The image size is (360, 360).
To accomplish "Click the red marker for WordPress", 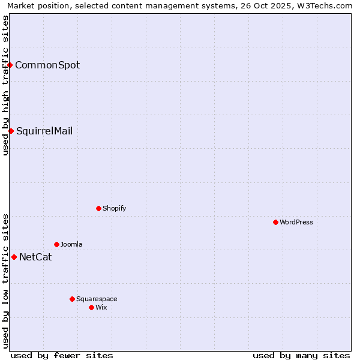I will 275,222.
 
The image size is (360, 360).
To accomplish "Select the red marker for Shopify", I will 98,208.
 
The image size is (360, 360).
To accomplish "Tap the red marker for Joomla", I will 56,244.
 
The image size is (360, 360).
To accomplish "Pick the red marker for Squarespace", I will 72,299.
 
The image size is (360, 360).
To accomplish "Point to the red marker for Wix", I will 91,307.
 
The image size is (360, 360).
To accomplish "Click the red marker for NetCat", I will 14,257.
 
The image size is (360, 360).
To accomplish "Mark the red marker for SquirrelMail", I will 11,131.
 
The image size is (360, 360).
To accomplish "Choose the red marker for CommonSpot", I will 10,65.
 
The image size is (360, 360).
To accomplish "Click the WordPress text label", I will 296,222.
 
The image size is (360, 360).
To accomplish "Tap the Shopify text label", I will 114,208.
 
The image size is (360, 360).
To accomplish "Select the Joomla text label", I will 71,244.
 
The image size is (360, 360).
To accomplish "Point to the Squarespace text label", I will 97,299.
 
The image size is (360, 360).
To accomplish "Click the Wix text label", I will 101,307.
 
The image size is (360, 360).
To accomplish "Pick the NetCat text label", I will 35,257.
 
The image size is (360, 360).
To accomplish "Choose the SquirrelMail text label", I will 44,131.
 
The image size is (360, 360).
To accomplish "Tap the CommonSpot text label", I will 47,65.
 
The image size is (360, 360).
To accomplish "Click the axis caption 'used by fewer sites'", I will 62,355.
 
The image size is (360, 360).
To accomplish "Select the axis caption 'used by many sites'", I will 301,355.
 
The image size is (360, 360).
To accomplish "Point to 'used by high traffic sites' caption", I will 5,85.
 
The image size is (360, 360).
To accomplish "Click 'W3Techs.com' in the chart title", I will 328,5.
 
